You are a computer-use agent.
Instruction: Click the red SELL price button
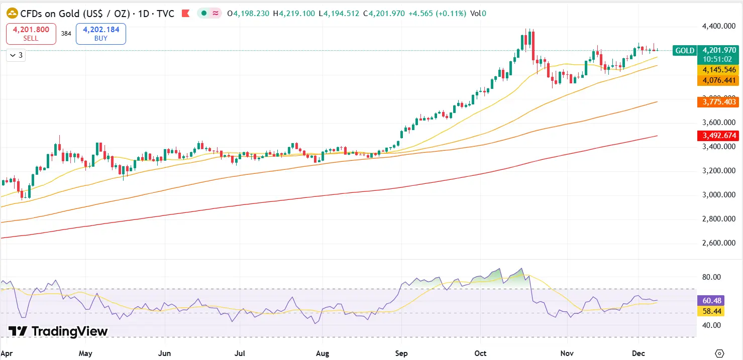point(31,34)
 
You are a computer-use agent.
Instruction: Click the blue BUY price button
point(100,34)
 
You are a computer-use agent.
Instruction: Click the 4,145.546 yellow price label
point(719,70)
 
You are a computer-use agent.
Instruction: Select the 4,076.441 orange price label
point(719,80)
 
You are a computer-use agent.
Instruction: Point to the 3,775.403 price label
point(719,102)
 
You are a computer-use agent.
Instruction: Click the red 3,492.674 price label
point(719,136)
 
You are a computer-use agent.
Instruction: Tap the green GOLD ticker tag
point(684,50)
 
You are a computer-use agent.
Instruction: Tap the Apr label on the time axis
point(8,353)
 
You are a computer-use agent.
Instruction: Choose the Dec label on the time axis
point(638,353)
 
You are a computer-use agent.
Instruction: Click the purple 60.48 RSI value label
point(712,301)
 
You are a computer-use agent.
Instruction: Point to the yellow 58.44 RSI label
point(712,311)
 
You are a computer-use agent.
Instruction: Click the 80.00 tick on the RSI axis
point(712,277)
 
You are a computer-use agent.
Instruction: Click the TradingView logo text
point(58,331)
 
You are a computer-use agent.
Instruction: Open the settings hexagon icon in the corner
point(720,353)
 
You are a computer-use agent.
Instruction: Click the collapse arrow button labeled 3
point(16,55)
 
